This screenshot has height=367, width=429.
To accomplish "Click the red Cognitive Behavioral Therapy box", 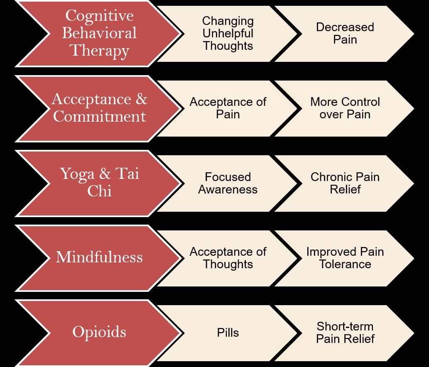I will tap(99, 33).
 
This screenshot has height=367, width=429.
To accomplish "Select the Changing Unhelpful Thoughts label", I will tap(228, 33).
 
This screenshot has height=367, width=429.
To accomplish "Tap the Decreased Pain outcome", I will tap(345, 33).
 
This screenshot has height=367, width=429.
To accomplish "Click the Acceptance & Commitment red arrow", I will tap(99, 108).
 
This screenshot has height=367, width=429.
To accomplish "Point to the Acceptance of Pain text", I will tap(228, 108).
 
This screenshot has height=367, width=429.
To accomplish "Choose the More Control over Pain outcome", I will tap(345, 108).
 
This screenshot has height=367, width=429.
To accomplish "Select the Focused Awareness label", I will tap(228, 183).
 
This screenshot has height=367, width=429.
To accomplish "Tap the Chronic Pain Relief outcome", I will tap(345, 183).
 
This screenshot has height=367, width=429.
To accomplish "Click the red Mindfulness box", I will tap(99, 257).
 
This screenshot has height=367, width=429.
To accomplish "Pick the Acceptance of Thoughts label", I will tap(228, 258).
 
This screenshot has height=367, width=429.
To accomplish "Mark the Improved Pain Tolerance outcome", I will tap(345, 258).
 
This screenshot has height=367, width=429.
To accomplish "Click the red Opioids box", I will tap(99, 332).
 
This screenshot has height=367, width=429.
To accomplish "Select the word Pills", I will tap(228, 333).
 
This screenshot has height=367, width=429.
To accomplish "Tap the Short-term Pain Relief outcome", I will tap(345, 333).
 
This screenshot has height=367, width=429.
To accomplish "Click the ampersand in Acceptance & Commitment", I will tap(142, 100).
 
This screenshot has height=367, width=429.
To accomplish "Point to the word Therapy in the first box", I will tap(99, 51).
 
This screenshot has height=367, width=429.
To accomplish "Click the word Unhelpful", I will tap(228, 33).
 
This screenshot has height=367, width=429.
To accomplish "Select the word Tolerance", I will tap(345, 264).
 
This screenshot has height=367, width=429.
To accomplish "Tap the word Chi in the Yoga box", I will tap(99, 191).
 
